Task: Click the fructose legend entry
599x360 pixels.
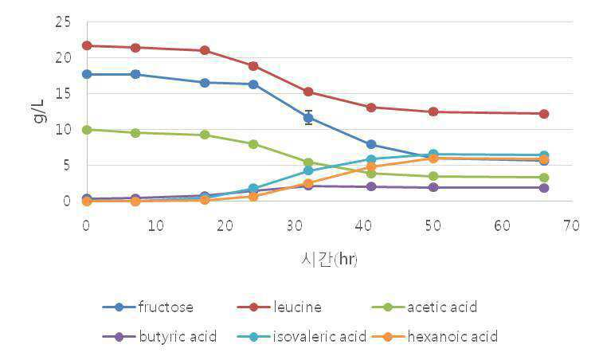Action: (148, 307)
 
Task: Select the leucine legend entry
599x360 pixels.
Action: (280, 307)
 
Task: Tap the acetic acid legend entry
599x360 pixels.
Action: (424, 307)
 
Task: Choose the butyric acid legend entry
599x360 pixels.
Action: (159, 337)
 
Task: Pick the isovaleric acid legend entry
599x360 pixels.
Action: (301, 337)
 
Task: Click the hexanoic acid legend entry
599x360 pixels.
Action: (434, 337)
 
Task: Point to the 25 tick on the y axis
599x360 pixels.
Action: (63, 22)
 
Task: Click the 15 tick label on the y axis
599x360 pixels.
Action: (63, 94)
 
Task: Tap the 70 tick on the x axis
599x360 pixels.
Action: (571, 225)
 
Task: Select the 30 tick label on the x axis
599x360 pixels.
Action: (295, 225)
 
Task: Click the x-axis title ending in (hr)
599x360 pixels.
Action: (329, 260)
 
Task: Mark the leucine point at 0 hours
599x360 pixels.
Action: (87, 46)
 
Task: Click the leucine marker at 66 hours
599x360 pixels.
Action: (544, 114)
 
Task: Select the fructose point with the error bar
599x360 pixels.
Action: (309, 118)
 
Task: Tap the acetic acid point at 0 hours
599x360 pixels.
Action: (87, 130)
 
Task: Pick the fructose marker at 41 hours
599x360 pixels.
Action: (371, 144)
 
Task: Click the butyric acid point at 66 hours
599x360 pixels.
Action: (544, 188)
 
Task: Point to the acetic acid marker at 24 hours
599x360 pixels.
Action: (253, 144)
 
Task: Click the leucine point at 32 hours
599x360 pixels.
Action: (309, 92)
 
